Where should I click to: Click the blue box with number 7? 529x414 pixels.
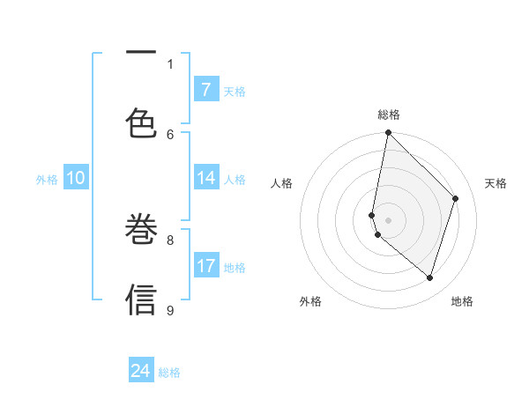click(206, 89)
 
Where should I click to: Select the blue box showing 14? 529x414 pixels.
click(206, 178)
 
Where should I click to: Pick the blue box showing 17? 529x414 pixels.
click(206, 266)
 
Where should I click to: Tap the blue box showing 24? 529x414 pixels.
click(141, 371)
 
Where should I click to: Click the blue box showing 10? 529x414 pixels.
click(76, 178)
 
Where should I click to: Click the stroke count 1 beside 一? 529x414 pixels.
click(170, 63)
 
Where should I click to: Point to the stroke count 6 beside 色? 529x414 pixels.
click(170, 134)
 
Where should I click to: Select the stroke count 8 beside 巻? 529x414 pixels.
click(170, 239)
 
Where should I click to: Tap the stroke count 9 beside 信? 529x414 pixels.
click(170, 309)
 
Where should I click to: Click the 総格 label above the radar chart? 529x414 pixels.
click(388, 115)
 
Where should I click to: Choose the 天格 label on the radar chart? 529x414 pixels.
click(495, 183)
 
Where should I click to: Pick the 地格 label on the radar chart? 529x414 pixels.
click(462, 301)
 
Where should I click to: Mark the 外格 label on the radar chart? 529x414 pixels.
click(310, 301)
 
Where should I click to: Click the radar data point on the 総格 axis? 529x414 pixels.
click(388, 132)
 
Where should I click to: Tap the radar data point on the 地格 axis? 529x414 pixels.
click(429, 277)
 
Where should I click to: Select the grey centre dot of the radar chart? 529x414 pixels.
click(388, 220)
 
